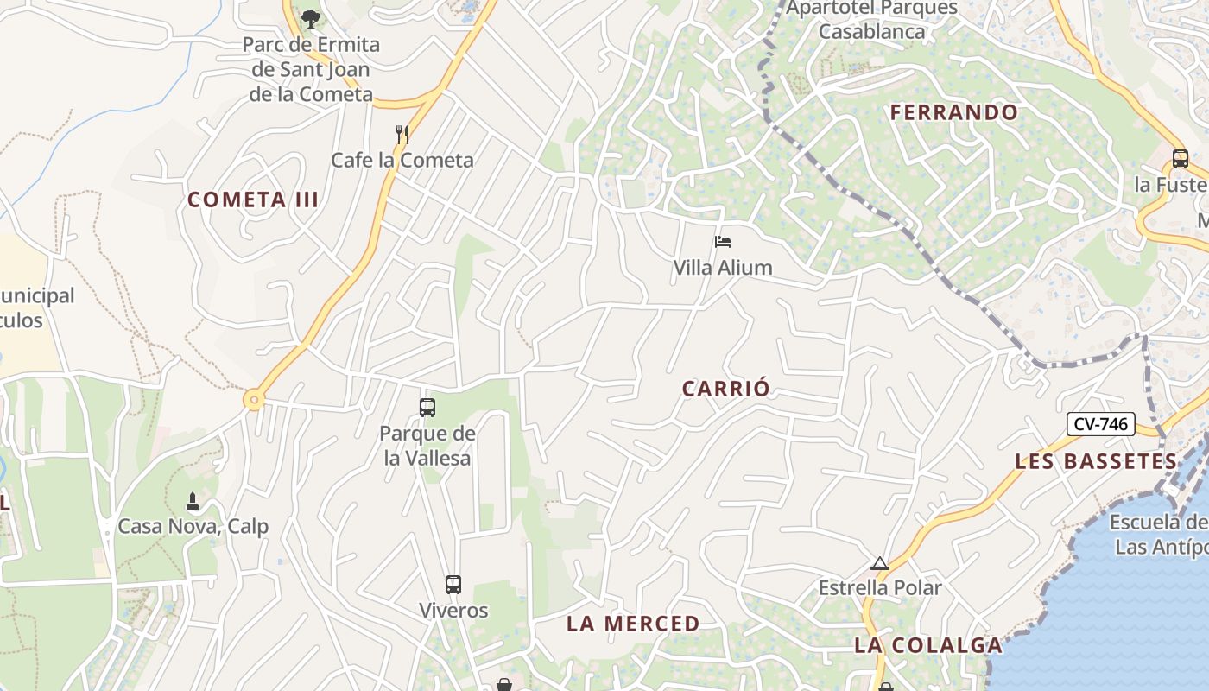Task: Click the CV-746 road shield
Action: point(1101,424)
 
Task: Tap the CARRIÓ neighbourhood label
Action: point(725,389)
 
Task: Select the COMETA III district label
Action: point(253,200)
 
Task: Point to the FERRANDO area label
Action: point(954,112)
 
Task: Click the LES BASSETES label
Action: point(1096,461)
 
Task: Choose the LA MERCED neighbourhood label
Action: point(633,624)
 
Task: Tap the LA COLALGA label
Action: point(928,645)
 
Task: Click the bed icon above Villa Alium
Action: point(723,242)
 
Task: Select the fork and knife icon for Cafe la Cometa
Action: point(402,134)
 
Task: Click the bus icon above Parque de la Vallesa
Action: point(427,408)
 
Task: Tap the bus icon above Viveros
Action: point(453,585)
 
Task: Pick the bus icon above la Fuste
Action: point(1180,159)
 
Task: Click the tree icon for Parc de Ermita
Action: point(310,17)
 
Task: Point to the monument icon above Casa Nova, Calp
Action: point(193,501)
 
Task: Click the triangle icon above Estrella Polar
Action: point(880,564)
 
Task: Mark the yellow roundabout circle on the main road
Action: point(253,400)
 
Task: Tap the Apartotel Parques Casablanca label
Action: point(872,20)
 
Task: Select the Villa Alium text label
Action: point(723,268)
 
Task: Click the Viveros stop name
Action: point(453,611)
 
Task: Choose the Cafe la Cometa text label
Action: point(402,160)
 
